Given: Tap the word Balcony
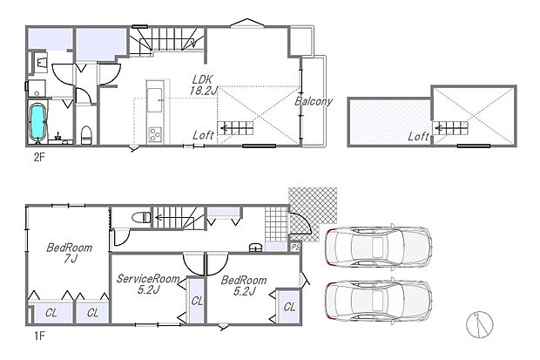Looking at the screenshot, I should pyautogui.click(x=314, y=101).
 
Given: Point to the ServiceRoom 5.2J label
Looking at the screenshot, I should pyautogui.click(x=148, y=284).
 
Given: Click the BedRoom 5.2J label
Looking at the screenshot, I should pyautogui.click(x=243, y=284).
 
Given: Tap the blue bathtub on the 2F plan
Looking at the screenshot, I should pyautogui.click(x=39, y=124).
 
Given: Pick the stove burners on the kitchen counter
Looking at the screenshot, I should pyautogui.click(x=155, y=133).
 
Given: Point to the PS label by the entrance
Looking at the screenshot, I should pyautogui.click(x=296, y=248).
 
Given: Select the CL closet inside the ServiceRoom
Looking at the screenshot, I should pyautogui.click(x=197, y=301).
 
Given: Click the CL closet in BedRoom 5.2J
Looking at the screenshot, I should pyautogui.click(x=289, y=307).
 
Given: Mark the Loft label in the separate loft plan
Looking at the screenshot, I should pyautogui.click(x=419, y=136).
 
